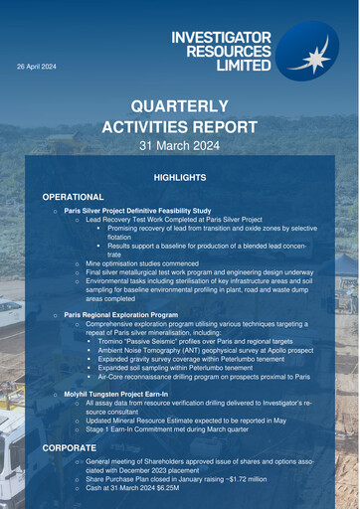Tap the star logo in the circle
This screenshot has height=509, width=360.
315,56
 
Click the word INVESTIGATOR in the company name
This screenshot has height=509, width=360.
221,37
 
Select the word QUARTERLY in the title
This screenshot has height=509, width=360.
180,107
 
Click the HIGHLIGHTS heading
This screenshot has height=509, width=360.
180,177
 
